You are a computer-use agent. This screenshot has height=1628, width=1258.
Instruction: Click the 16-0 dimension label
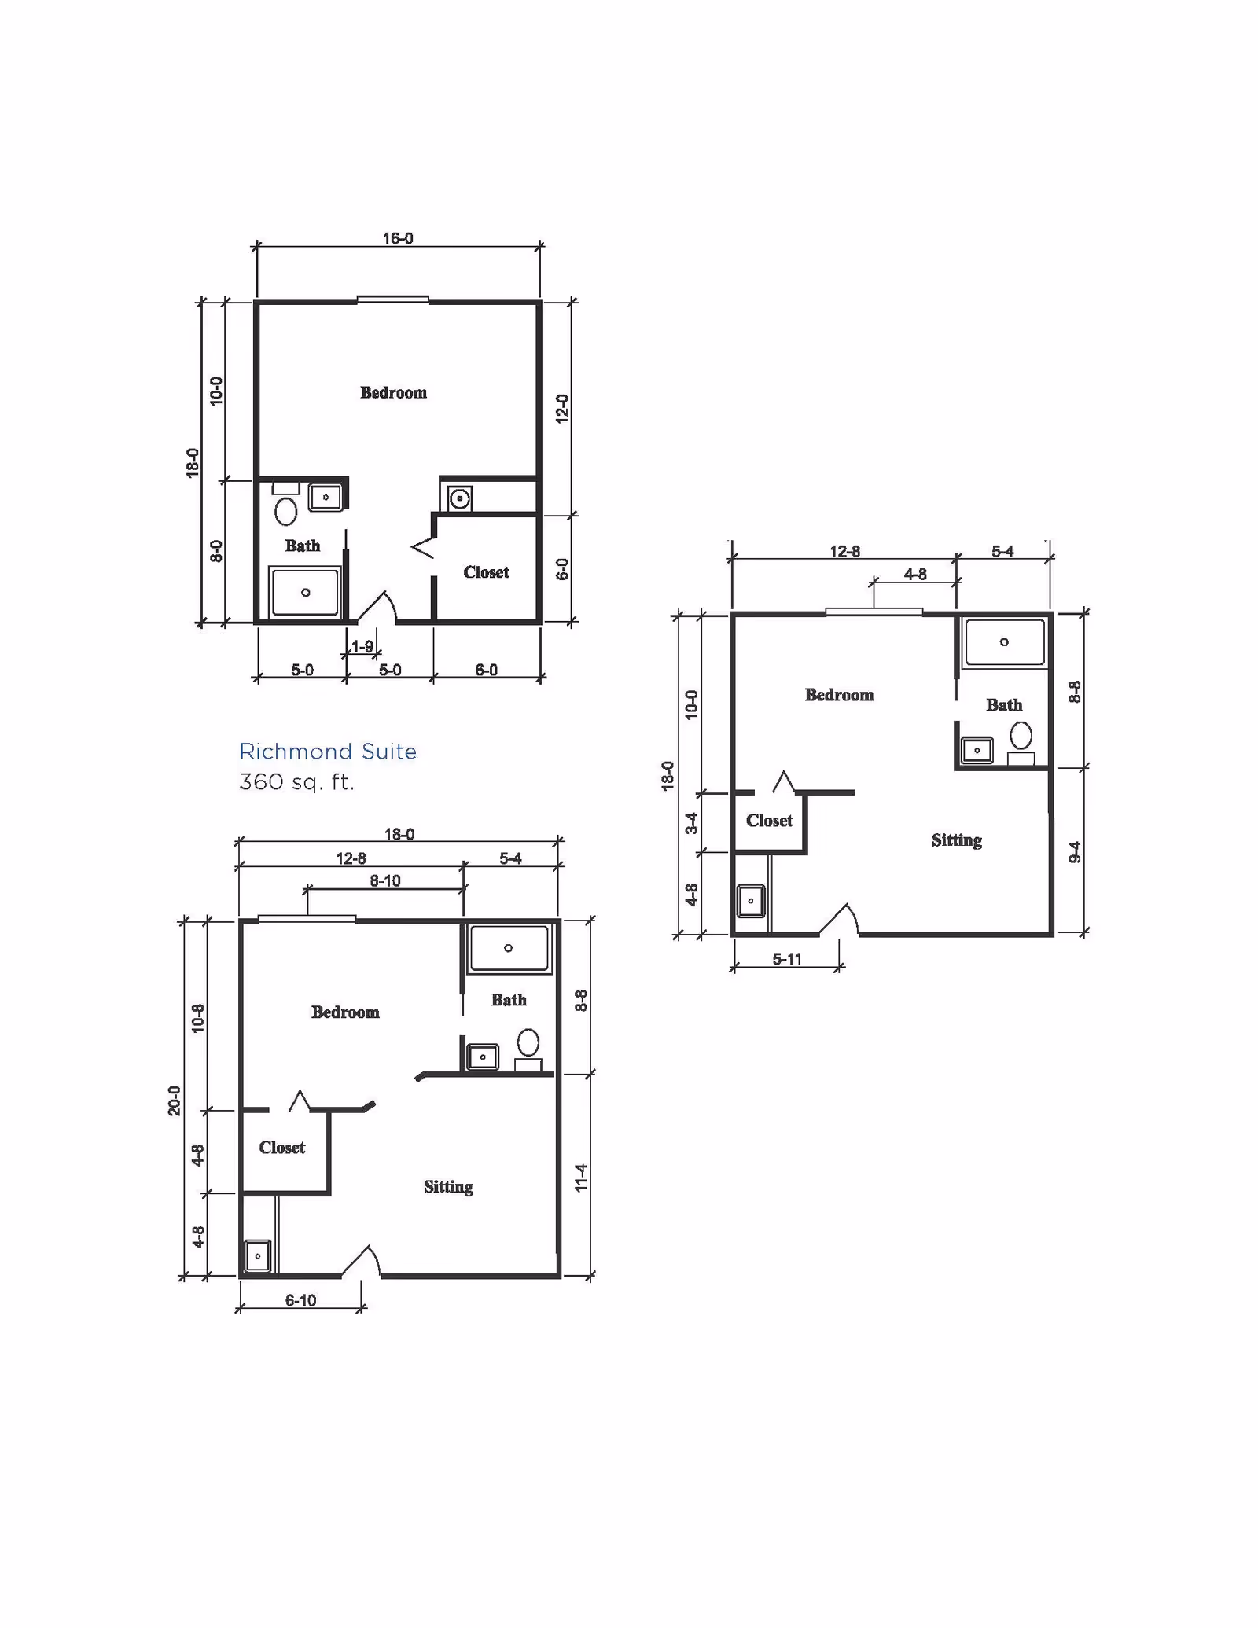click(x=398, y=238)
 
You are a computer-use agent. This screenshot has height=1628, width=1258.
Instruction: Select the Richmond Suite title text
click(x=328, y=752)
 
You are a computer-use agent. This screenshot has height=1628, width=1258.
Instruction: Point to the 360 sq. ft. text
click(x=297, y=782)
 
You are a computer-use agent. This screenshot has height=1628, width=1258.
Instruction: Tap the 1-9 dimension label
click(x=362, y=646)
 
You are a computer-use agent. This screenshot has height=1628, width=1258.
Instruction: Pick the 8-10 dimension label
click(x=385, y=880)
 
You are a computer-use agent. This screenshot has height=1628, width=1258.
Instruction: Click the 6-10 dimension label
click(x=300, y=1300)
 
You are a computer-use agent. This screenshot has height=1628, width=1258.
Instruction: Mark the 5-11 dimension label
click(x=787, y=958)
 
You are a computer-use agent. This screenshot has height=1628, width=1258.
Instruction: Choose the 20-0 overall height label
click(x=175, y=1101)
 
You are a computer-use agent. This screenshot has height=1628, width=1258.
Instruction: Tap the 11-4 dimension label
click(x=581, y=1178)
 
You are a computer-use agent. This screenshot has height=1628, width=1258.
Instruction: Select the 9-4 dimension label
click(x=1075, y=852)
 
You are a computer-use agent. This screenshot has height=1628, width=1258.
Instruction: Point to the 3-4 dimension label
click(x=691, y=823)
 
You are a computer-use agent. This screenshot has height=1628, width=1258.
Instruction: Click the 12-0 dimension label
click(x=562, y=409)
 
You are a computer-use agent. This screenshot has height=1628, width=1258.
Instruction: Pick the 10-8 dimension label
click(x=197, y=1018)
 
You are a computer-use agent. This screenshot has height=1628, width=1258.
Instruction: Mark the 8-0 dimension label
click(x=216, y=551)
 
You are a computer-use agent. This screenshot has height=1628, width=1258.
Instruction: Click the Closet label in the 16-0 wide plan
click(x=486, y=572)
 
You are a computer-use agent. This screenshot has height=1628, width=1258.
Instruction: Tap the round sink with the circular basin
click(x=459, y=498)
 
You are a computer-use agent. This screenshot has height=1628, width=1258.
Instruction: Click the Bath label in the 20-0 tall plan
click(x=509, y=1000)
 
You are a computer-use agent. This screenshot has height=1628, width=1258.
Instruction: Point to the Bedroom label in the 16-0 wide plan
click(x=393, y=392)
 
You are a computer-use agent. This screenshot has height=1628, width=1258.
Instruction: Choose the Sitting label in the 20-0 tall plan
click(x=448, y=1186)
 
